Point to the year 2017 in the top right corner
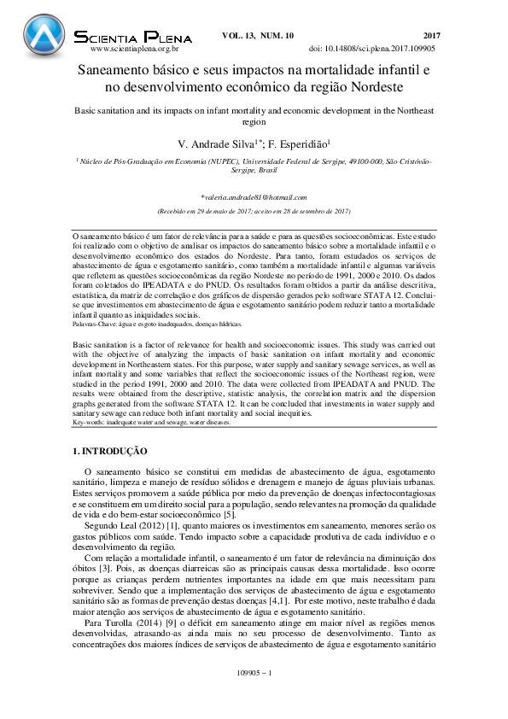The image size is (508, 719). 431,35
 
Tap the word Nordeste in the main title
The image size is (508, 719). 374,86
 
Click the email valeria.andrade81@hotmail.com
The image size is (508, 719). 254,196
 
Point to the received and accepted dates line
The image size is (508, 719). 254,211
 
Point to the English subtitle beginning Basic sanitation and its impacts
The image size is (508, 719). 254,112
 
